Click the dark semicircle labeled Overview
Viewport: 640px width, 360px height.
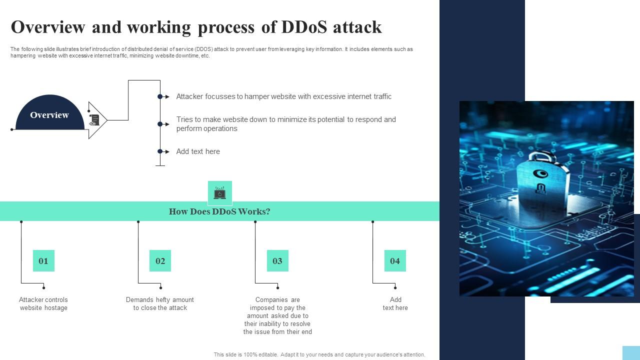(49, 114)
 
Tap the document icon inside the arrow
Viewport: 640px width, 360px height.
(94, 120)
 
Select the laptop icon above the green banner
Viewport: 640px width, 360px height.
(219, 193)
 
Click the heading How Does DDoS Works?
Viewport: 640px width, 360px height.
(219, 211)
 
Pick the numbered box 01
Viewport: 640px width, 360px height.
(43, 261)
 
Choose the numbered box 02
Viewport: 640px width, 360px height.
(160, 261)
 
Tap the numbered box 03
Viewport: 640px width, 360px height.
(277, 261)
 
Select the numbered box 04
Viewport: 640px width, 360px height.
(395, 261)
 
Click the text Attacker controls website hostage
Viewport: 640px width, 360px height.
(43, 304)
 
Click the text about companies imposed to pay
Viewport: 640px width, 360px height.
(277, 315)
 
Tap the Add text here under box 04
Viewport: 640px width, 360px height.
(395, 304)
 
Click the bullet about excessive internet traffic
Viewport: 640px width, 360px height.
(283, 96)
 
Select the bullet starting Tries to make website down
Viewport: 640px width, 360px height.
(285, 124)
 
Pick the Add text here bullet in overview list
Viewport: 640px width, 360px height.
(198, 151)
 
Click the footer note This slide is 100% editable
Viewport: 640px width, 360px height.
(319, 354)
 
